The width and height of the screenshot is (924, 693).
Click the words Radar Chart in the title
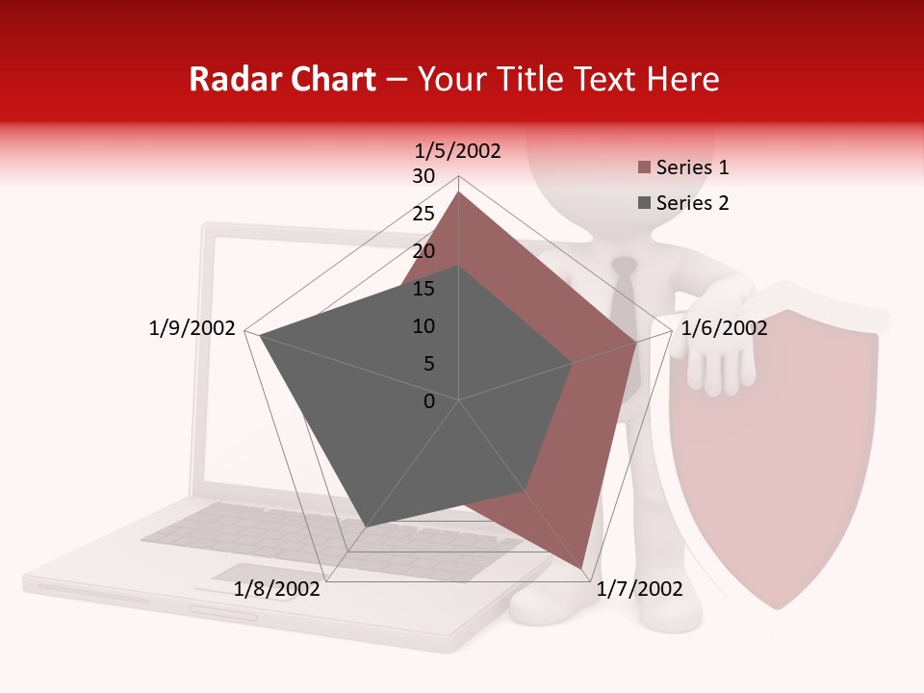[x=282, y=79]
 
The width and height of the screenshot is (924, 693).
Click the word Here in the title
[x=683, y=79]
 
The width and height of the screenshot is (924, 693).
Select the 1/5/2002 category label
[x=458, y=151]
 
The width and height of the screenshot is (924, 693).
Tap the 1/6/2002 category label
[x=724, y=328]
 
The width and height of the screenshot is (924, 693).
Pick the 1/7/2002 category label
[x=639, y=589]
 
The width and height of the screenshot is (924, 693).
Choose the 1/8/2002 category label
[x=277, y=589]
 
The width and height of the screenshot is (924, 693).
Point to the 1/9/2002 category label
[x=192, y=328]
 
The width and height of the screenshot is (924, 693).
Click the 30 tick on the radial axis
[x=423, y=176]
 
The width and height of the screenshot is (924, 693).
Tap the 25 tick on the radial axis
[x=423, y=214]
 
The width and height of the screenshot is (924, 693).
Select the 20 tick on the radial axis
[x=423, y=251]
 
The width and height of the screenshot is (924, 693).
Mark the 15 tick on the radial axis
[x=423, y=289]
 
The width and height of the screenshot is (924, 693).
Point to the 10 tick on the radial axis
[x=423, y=326]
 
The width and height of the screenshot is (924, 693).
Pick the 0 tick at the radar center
[x=429, y=401]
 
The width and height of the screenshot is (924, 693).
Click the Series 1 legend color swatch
[x=644, y=167]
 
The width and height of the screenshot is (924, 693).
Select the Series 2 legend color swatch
[x=644, y=203]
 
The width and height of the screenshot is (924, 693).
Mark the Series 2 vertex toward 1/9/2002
[x=260, y=336]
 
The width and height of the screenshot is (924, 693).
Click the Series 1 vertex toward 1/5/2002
[x=459, y=192]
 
